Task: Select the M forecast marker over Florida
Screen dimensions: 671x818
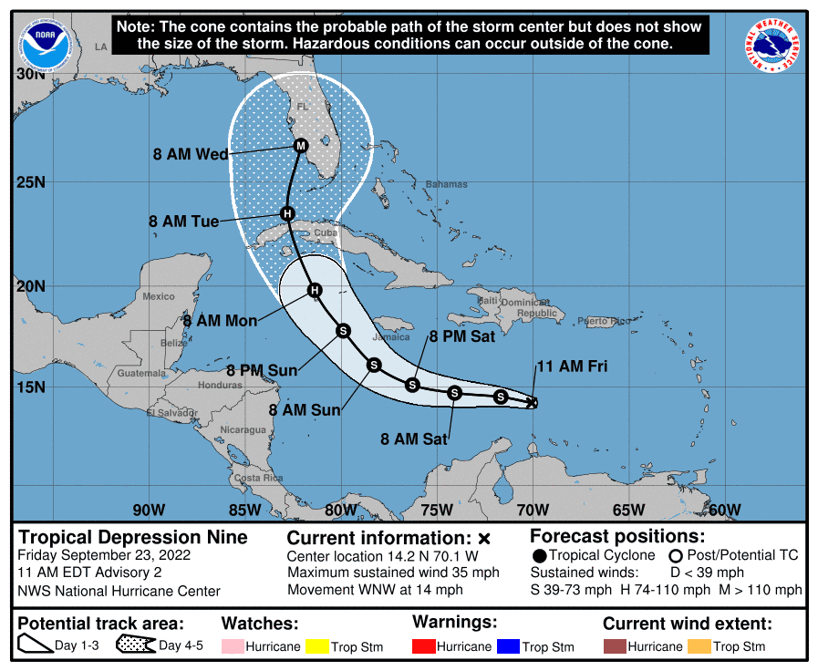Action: click(301, 146)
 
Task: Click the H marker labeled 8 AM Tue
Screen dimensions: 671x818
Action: click(287, 213)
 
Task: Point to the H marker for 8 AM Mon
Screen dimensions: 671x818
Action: click(315, 290)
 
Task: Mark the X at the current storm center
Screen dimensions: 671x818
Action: click(532, 402)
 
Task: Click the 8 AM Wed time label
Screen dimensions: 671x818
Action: click(190, 154)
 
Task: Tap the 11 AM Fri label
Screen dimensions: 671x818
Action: click(571, 367)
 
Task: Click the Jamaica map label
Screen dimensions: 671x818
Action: click(391, 336)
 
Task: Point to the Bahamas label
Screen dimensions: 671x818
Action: click(446, 184)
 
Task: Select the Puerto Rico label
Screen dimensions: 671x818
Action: click(604, 321)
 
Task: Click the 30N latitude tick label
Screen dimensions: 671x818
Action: click(30, 74)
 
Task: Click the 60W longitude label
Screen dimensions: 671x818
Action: click(724, 510)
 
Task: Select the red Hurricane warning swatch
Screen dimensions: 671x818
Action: click(424, 646)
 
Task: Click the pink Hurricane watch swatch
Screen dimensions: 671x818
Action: click(234, 646)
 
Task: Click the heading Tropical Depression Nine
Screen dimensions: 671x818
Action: click(133, 537)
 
